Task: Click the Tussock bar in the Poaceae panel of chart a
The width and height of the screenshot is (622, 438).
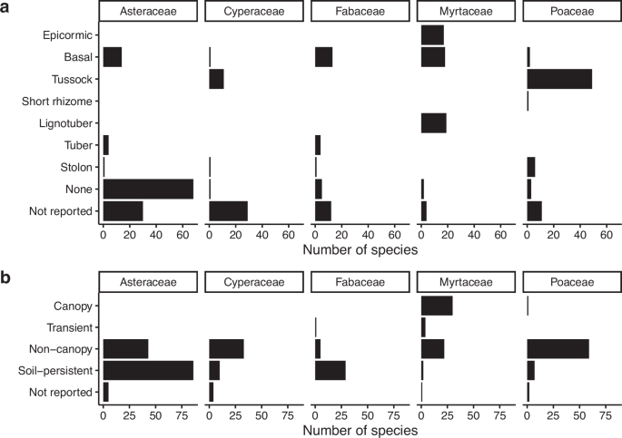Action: tap(559, 79)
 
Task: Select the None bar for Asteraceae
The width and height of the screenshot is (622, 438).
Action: tap(148, 189)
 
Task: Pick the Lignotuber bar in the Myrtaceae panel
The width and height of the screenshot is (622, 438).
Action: tap(433, 122)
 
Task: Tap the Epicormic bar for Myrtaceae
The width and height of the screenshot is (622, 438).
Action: tap(432, 35)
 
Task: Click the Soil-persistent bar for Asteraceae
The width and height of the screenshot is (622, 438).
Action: tap(148, 370)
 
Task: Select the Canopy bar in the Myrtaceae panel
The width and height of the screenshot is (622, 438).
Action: tap(437, 307)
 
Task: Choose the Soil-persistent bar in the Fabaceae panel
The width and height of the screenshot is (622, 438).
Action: tap(331, 370)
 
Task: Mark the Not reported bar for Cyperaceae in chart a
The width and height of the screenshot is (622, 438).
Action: tap(228, 210)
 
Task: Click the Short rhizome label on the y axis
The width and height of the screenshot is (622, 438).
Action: tap(60, 101)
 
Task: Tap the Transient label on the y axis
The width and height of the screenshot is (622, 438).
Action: tap(71, 327)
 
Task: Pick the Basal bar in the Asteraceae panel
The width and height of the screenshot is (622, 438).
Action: tap(113, 57)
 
